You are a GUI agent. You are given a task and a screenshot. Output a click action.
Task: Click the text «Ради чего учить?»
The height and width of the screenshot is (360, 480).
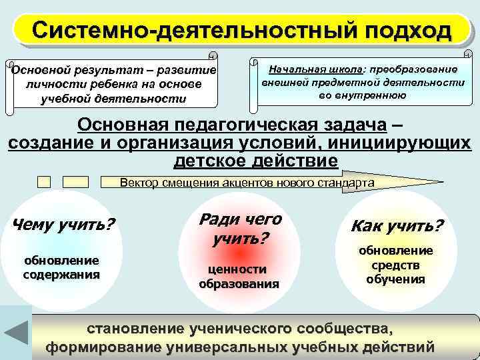click(x=240, y=228)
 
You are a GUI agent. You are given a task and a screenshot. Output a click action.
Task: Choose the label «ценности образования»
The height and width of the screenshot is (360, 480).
click(x=239, y=276)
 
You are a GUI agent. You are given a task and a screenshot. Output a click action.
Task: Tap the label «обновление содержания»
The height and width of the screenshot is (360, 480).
click(x=61, y=267)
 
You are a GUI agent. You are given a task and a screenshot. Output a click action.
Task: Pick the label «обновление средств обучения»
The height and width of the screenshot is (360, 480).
click(x=396, y=265)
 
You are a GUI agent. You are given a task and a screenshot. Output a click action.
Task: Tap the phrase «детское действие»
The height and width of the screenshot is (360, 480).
click(x=256, y=161)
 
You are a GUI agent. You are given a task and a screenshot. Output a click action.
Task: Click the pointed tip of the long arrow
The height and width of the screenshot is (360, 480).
click(x=441, y=181)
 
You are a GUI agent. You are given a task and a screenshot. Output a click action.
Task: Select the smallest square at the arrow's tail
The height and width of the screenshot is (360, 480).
click(x=45, y=181)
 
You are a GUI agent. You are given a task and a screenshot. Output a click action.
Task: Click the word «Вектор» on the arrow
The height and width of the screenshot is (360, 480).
click(x=135, y=181)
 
